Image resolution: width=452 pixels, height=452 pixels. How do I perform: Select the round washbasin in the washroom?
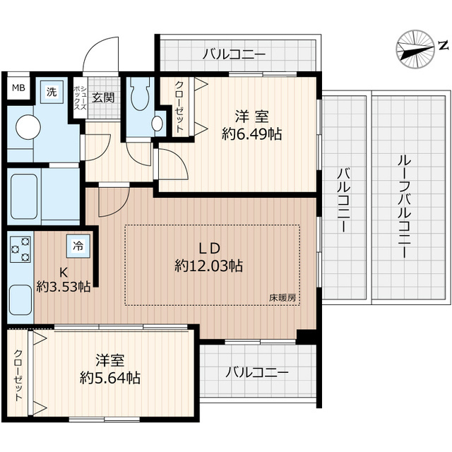(28, 127)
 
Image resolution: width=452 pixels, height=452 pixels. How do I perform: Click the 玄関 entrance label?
(103, 97)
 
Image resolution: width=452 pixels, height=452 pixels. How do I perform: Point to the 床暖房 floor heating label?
(282, 297)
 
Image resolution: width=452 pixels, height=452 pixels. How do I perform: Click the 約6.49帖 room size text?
(251, 132)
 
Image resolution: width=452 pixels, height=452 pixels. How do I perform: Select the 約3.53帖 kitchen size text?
(63, 286)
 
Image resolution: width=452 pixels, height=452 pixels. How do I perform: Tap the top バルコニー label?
(234, 53)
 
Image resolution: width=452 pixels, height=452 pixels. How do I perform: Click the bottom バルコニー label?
(256, 372)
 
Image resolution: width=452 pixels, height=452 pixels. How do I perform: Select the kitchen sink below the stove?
(20, 300)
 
